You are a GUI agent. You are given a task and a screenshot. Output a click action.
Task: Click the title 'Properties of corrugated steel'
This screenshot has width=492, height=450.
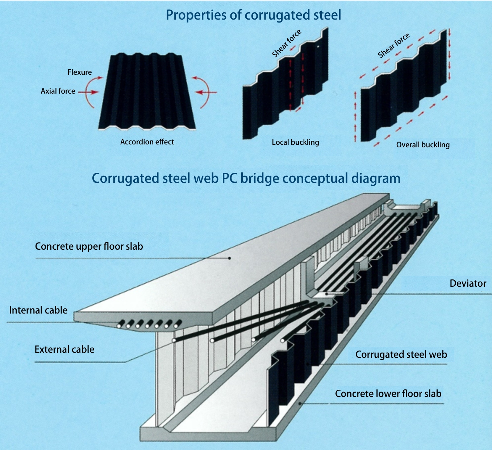point(253,15)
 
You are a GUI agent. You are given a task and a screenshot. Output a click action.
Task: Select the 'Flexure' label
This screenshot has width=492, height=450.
point(80,72)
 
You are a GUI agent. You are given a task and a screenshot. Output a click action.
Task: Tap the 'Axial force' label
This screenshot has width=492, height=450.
point(58,91)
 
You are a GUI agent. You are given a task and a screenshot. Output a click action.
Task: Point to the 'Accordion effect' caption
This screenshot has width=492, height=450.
point(147,142)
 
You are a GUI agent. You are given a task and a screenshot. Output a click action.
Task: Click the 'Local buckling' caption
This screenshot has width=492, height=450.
point(295,142)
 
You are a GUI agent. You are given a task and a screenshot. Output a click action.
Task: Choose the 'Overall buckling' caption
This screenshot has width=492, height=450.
point(423,145)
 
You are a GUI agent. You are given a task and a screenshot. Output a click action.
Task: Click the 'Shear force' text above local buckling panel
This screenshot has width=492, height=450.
point(287,44)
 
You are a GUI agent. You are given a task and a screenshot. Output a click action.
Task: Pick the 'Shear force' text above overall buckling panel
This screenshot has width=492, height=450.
point(393,45)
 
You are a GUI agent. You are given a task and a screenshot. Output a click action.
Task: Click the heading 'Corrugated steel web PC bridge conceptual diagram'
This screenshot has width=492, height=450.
point(246,179)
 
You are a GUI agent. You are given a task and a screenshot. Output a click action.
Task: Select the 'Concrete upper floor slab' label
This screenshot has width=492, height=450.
point(89,246)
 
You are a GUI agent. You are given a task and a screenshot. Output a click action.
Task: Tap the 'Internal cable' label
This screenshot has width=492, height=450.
point(38,310)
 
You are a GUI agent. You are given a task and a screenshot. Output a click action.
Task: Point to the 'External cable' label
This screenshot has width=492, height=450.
point(64,349)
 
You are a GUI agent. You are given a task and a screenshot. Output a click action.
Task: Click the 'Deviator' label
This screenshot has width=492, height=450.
point(468,283)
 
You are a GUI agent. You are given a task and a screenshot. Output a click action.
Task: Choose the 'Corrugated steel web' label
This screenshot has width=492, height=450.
point(401,355)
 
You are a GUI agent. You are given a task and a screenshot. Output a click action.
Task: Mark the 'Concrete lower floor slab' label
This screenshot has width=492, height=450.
point(388,394)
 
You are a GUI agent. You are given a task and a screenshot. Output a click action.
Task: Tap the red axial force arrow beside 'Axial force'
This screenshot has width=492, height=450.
point(89,92)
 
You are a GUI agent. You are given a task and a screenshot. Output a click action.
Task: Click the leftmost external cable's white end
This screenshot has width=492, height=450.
point(174,340)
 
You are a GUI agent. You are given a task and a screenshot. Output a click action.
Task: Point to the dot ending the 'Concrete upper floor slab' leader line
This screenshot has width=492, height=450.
point(230,258)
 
